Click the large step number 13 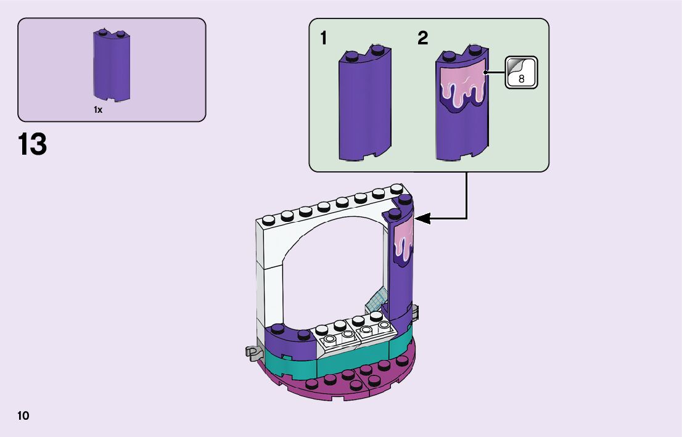[33, 145]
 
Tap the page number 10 [23, 415]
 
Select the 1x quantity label [98, 110]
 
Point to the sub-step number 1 [324, 38]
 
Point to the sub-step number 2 [422, 38]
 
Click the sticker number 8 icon [521, 72]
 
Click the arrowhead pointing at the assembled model [422, 218]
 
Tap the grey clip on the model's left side [251, 353]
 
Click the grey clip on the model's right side [416, 313]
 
